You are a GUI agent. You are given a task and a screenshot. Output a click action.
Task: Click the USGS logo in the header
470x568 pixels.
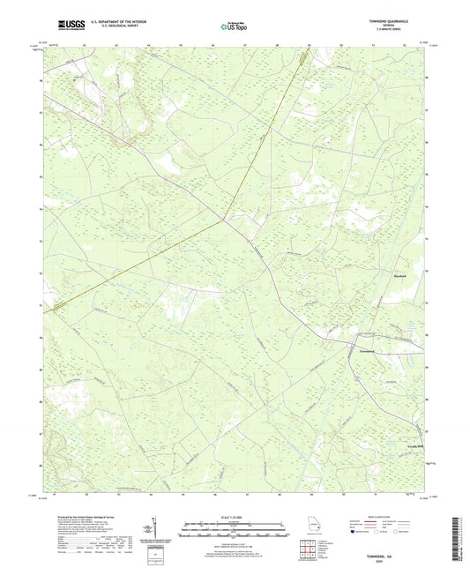pyautogui.click(x=68, y=25)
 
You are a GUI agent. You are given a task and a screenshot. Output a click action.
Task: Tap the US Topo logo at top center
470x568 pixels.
pyautogui.click(x=235, y=26)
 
